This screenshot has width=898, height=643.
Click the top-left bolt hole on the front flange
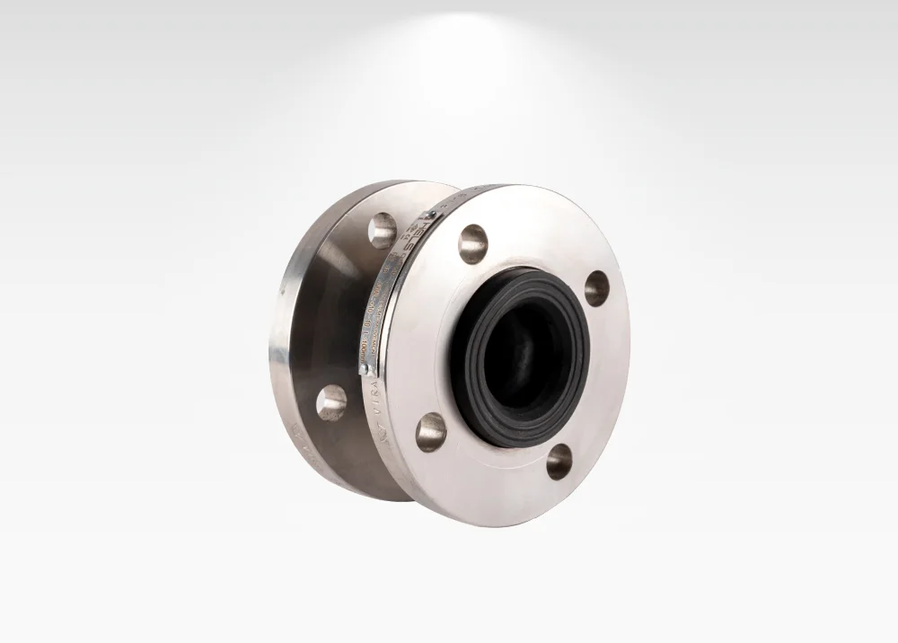coord(472,243)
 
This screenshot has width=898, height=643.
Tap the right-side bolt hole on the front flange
coord(596,287)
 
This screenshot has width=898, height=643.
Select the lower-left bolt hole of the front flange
coord(431,431)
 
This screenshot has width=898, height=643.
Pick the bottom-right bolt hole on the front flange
coord(559,461)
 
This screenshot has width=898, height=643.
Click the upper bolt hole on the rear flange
coord(382,230)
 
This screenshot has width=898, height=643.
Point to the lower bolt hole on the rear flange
coord(330,402)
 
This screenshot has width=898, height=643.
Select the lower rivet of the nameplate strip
coord(363,367)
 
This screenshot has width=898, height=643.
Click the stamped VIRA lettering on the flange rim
coord(374,393)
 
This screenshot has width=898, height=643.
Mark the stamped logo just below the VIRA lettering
coord(378,421)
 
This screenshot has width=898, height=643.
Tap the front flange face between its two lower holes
coord(494,467)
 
